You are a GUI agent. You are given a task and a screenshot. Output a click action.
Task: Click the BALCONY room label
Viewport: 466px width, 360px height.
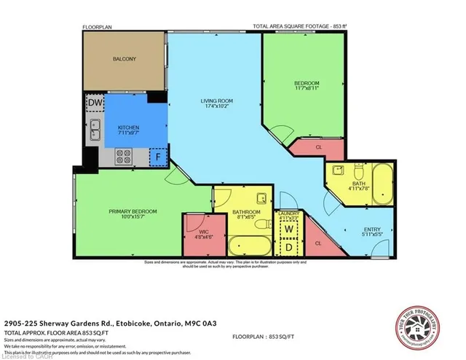tap(124, 59)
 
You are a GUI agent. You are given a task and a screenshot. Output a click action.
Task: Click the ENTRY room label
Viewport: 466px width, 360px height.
tap(371, 232)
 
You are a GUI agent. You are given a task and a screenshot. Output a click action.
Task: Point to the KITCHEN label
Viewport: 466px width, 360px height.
tap(129, 129)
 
